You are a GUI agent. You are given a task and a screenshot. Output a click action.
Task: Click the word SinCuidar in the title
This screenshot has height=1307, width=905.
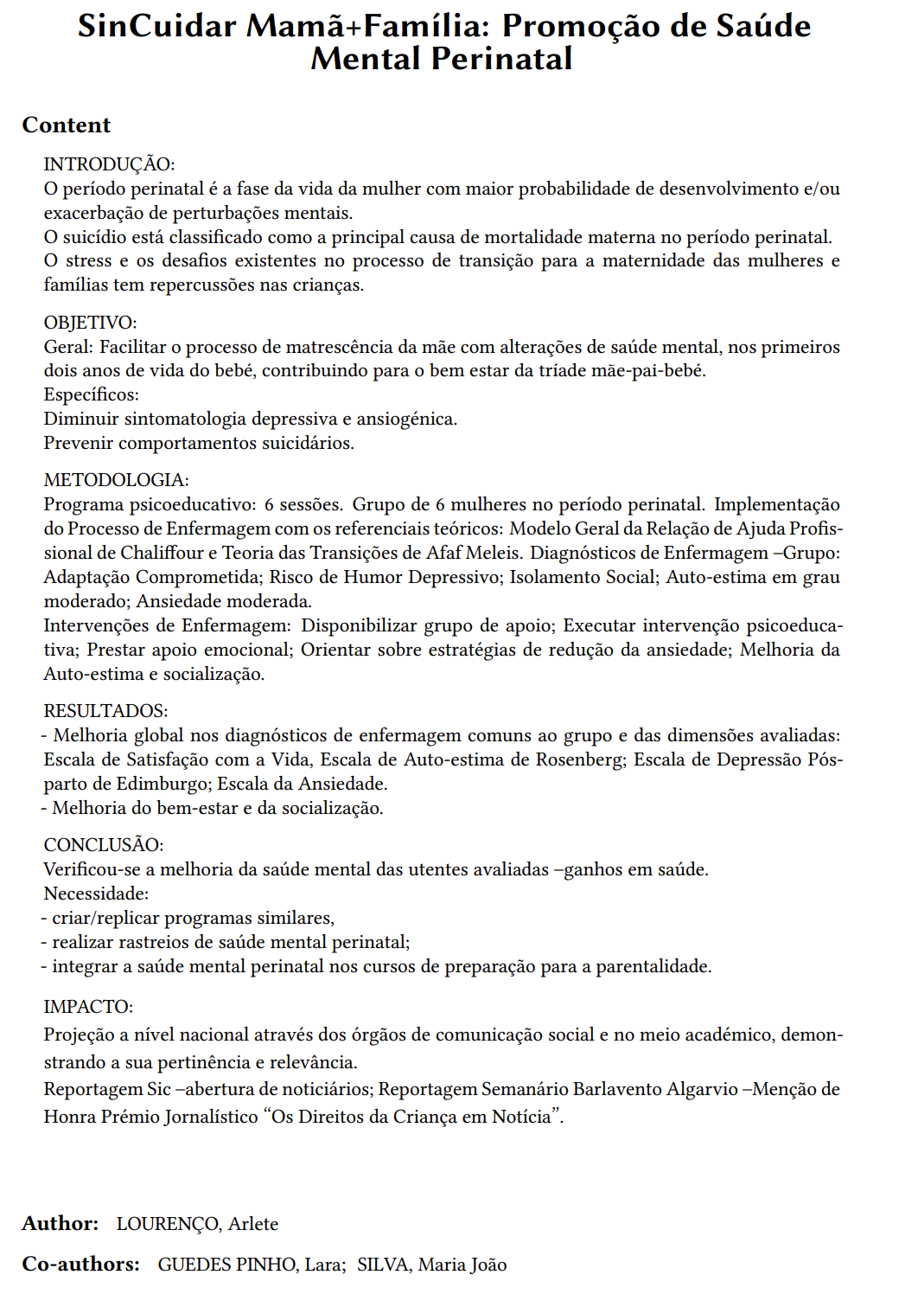pyautogui.click(x=156, y=27)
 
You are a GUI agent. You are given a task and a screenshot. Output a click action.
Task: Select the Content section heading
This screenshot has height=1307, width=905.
pyautogui.click(x=67, y=125)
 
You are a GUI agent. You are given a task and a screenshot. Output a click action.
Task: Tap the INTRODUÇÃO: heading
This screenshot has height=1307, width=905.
pyautogui.click(x=109, y=164)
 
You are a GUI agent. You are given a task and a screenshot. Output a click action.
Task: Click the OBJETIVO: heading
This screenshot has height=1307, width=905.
pyautogui.click(x=90, y=323)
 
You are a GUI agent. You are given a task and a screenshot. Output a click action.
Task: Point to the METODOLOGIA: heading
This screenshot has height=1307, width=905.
pyautogui.click(x=116, y=480)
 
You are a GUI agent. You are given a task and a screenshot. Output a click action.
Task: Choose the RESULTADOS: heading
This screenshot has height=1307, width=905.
pyautogui.click(x=105, y=711)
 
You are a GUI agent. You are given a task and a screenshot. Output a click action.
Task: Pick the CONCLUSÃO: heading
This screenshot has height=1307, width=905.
pyautogui.click(x=104, y=845)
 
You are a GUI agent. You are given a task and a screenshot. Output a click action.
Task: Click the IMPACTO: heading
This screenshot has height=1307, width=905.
pyautogui.click(x=88, y=1007)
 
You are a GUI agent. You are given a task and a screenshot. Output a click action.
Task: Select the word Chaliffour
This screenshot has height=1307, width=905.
pyautogui.click(x=162, y=553)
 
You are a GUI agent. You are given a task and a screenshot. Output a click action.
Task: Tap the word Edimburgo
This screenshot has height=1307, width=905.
pyautogui.click(x=163, y=784)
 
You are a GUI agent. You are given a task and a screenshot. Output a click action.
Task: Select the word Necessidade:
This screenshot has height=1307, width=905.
pyautogui.click(x=96, y=894)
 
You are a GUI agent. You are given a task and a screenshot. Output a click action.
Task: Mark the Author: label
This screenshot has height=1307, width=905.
pyautogui.click(x=60, y=1224)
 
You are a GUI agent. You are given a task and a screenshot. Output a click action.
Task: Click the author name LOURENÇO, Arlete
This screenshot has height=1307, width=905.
pyautogui.click(x=197, y=1224)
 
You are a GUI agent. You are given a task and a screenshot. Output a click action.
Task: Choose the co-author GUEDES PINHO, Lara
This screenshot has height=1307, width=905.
pyautogui.click(x=251, y=1265)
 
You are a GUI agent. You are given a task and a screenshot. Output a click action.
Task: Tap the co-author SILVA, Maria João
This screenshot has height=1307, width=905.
pyautogui.click(x=431, y=1265)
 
